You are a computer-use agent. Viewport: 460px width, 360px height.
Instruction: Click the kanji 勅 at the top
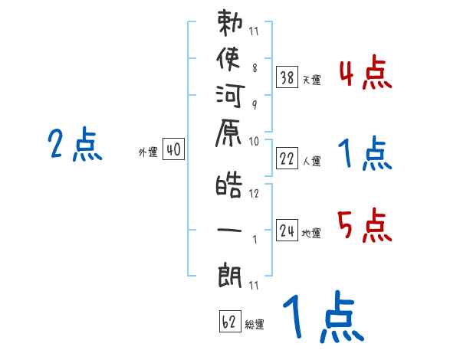230,23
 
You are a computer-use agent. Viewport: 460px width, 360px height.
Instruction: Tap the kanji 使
228,59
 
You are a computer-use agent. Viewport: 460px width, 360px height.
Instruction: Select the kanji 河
230,96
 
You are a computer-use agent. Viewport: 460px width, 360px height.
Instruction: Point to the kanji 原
228,133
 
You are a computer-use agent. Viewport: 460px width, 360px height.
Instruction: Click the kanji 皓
229,185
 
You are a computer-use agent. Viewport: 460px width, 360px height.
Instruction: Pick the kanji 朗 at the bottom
230,275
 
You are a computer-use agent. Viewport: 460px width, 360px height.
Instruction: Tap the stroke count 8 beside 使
255,68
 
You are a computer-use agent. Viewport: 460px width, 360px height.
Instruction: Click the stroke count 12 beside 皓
254,193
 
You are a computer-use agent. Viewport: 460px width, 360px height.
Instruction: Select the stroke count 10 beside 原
254,142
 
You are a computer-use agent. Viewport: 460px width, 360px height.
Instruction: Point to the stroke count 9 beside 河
255,105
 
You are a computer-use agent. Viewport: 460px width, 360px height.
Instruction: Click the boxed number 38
287,77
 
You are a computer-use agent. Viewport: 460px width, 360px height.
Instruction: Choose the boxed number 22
287,159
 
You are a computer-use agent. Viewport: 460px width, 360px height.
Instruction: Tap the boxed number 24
287,231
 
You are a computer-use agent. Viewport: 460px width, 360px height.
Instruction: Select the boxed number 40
174,149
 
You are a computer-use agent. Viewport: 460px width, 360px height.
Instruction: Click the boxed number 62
230,321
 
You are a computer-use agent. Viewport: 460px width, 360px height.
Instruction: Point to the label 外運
148,152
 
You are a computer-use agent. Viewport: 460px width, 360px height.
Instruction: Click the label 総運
255,325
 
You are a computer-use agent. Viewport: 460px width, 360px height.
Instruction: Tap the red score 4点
366,72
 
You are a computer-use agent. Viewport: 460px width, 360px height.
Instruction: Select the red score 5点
365,225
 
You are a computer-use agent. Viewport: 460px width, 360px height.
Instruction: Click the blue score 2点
75,144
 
